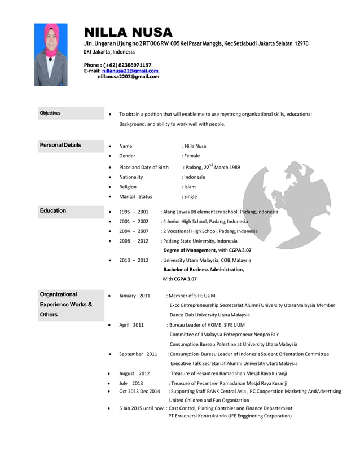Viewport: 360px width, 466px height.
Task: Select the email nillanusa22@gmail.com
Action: point(129,71)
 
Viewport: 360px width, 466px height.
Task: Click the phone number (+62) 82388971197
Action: point(127,65)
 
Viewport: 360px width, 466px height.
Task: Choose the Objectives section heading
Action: point(50,113)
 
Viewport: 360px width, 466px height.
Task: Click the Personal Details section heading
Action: point(60,145)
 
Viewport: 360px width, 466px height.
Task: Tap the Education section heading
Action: point(53,210)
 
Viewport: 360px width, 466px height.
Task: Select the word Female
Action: point(192,156)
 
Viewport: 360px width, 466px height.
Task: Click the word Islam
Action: point(190,186)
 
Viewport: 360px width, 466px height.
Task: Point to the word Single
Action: point(190,196)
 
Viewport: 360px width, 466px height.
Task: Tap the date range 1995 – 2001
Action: point(134,212)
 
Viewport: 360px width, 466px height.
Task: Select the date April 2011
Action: point(131,325)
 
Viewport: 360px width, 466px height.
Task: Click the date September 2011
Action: point(138,354)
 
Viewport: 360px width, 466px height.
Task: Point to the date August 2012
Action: point(134,373)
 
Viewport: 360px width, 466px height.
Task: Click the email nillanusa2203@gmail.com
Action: point(129,77)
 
